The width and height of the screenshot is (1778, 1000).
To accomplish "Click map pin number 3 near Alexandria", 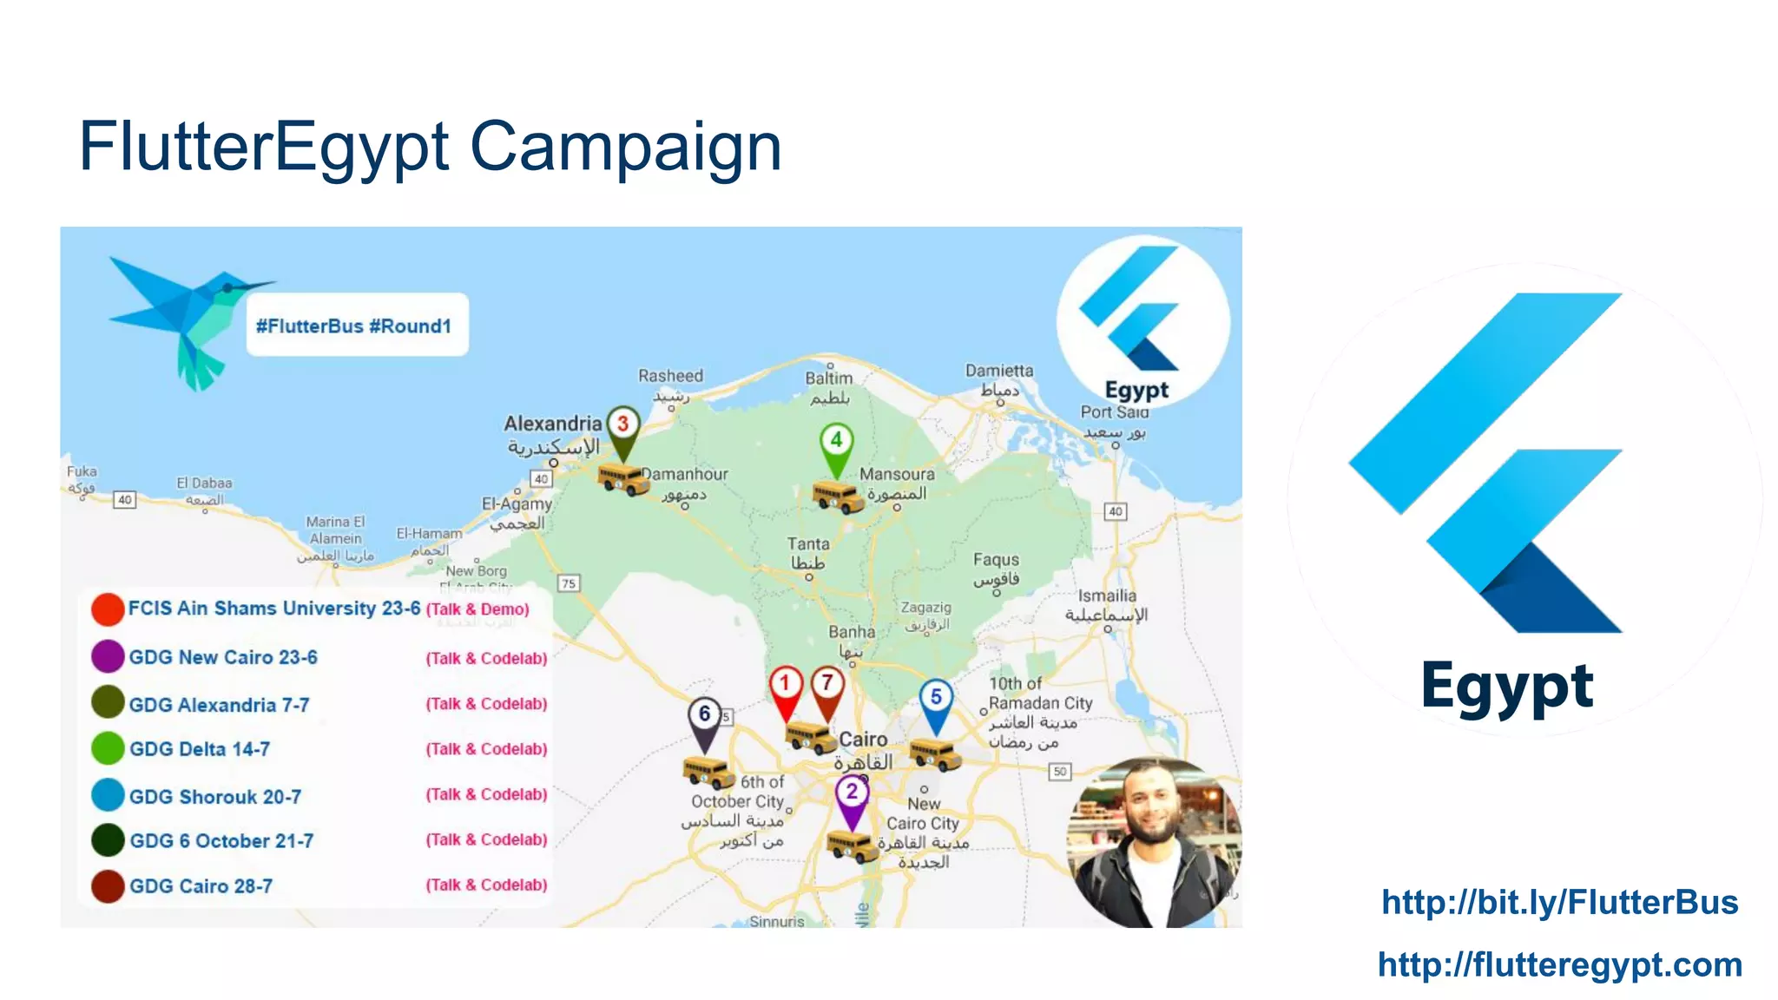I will tap(622, 425).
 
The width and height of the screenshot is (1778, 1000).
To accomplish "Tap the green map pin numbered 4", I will tap(836, 441).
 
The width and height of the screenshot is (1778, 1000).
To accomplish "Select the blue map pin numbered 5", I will tap(936, 698).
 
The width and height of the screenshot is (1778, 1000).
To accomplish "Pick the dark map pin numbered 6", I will tap(704, 715).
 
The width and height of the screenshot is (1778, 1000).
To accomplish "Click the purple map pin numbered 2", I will tap(852, 793).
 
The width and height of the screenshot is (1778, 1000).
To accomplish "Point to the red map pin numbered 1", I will tap(786, 684).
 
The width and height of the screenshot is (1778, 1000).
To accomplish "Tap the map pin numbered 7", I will tap(827, 684).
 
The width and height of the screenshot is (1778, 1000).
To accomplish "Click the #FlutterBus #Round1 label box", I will tap(357, 326).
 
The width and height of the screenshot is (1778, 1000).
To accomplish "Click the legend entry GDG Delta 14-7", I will tap(200, 749).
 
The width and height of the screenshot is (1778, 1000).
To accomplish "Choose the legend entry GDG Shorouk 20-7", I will tap(215, 796).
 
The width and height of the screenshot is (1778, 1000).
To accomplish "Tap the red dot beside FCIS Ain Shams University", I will tap(108, 609).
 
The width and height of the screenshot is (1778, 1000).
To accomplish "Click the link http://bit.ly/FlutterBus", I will tap(1559, 903).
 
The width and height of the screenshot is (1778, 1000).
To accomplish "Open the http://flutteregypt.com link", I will tap(1559, 964).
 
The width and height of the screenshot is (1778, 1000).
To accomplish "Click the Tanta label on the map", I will tap(808, 553).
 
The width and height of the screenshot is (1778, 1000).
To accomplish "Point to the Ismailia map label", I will tap(1107, 605).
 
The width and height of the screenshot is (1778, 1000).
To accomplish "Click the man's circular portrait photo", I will tap(1154, 842).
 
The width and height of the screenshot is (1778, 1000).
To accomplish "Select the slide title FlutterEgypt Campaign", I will tap(430, 146).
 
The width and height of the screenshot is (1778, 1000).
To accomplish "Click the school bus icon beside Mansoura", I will tap(838, 496).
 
